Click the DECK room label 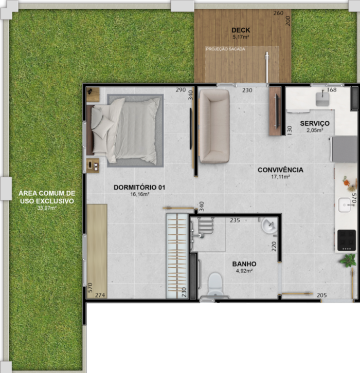coord(241,30)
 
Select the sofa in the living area coord(214,126)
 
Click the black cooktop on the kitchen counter coord(347,240)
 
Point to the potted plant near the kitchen coord(348,260)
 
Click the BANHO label coord(244,264)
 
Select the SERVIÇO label coord(315,123)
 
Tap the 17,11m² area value coord(280,177)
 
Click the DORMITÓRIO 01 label coord(139,188)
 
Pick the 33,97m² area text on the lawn coord(47,208)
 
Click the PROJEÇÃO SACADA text coord(225,49)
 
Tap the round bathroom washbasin coord(269,226)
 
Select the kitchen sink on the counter coord(345,205)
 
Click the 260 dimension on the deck coord(278,13)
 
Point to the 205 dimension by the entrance coord(321,295)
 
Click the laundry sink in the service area coord(322,99)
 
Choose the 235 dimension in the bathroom coord(235,220)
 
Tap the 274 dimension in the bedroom coord(100,295)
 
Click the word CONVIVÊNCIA coord(280,170)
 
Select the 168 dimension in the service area coord(332,90)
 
